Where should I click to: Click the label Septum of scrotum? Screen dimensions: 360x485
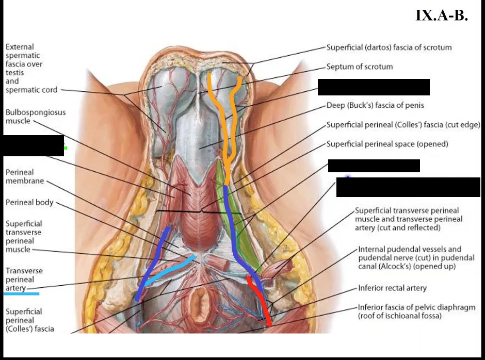360,67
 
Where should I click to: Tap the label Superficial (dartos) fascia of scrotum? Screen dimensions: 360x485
389,47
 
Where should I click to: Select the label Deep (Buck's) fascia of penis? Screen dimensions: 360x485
375,106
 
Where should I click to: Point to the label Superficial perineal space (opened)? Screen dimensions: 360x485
387,144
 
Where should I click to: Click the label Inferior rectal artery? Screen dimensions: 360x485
393,288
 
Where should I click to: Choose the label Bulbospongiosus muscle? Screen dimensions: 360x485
35,117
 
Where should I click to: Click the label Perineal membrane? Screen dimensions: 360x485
25,177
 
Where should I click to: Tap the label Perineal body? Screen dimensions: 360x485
29,203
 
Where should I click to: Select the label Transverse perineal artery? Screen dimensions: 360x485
24,279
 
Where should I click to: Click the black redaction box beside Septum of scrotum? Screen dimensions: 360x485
374,87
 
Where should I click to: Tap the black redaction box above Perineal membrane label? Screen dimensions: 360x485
32,145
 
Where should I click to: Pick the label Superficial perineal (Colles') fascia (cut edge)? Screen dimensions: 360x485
403,125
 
